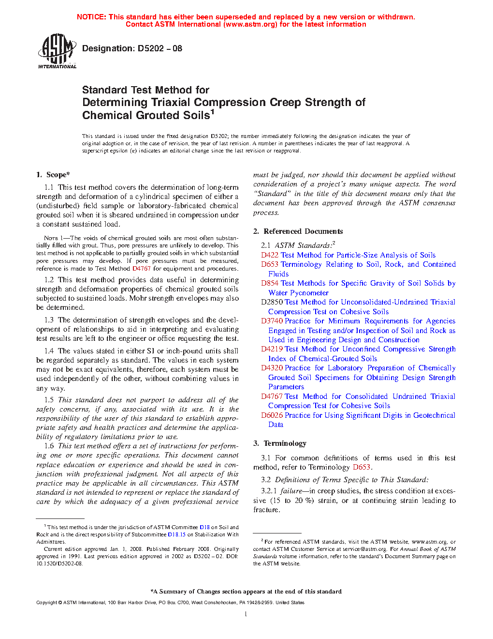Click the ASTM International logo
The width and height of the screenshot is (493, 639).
pyautogui.click(x=57, y=51)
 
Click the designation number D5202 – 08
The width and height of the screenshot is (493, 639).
pyautogui.click(x=159, y=48)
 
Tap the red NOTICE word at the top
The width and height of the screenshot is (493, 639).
pyautogui.click(x=91, y=17)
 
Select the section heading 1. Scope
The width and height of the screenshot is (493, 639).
pyautogui.click(x=53, y=175)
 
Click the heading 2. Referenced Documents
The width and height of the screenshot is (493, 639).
pyautogui.click(x=298, y=231)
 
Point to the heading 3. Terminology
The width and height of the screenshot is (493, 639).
pyautogui.click(x=280, y=443)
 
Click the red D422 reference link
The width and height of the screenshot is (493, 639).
pyautogui.click(x=270, y=255)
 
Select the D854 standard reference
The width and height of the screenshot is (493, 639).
pyautogui.click(x=270, y=283)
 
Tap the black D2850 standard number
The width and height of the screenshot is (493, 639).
pyautogui.click(x=272, y=302)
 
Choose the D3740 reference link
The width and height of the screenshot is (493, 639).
pyautogui.click(x=272, y=321)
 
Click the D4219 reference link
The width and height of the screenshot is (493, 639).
pyautogui.click(x=272, y=349)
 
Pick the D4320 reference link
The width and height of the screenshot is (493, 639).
pyautogui.click(x=272, y=368)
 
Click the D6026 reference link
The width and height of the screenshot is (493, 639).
pyautogui.click(x=272, y=415)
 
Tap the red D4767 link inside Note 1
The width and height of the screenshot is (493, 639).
pyautogui.click(x=142, y=269)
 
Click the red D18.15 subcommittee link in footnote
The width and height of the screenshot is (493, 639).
pyautogui.click(x=176, y=535)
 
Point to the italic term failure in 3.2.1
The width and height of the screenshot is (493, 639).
pyautogui.click(x=291, y=491)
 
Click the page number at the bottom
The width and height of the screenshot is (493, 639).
pyautogui.click(x=246, y=614)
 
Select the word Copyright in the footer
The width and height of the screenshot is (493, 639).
pyautogui.click(x=46, y=603)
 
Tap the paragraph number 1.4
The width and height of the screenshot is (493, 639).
pyautogui.click(x=49, y=351)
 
